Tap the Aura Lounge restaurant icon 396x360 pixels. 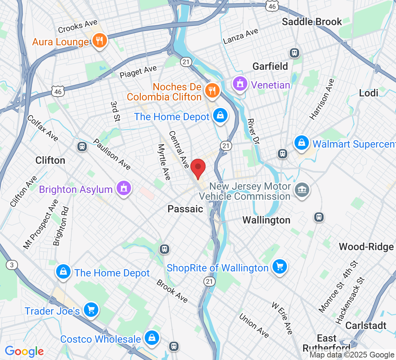[x=98, y=41]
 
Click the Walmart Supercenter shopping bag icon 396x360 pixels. [x=302, y=143]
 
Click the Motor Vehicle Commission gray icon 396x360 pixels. [x=301, y=190]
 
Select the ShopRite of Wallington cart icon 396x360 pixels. [x=280, y=267]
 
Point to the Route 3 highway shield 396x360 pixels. [x=12, y=265]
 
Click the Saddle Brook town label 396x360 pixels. [x=312, y=22]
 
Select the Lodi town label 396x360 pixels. [x=369, y=93]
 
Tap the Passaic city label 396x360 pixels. [x=185, y=209]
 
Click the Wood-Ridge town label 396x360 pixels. [x=366, y=247]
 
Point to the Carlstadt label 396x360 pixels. [x=366, y=325]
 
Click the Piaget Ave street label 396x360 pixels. [x=138, y=72]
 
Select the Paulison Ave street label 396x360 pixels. [x=112, y=154]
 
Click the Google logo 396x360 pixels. [x=24, y=351]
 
